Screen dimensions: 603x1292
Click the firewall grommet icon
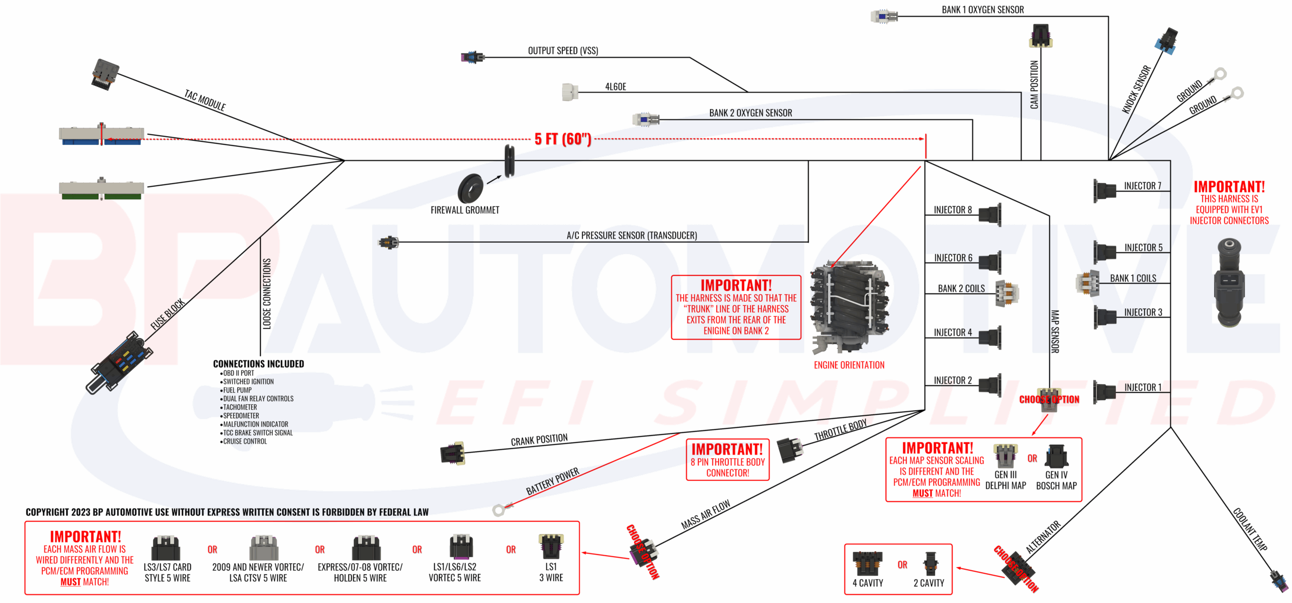point(470,188)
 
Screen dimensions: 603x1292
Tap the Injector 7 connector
point(1105,191)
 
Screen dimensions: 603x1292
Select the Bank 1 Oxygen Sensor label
point(982,10)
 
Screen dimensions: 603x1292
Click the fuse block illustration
point(119,362)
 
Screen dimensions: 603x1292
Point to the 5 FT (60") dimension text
point(563,139)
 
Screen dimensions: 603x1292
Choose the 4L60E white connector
point(570,92)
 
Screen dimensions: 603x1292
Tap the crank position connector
point(452,453)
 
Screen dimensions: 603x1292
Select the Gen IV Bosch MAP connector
point(1056,456)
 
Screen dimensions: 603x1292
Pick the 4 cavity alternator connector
point(868,563)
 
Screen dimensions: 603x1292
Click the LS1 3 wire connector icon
point(551,546)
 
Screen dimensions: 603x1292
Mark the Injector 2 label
point(952,380)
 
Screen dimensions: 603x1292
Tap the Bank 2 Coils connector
point(1007,293)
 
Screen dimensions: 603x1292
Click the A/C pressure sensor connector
point(389,243)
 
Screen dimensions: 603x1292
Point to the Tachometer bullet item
point(240,407)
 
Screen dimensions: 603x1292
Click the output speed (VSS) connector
point(472,57)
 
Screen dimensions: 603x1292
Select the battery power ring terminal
point(499,510)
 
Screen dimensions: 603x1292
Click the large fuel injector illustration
point(1229,283)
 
